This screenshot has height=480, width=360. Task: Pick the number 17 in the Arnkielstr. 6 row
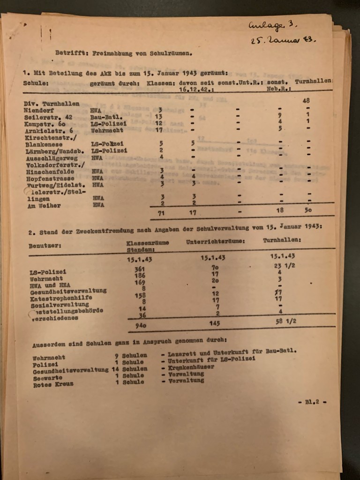click(x=160, y=130)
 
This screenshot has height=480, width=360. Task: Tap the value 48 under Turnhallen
click(x=307, y=100)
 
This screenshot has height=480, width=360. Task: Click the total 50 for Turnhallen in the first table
click(x=308, y=210)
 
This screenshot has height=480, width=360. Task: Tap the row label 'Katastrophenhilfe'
click(x=61, y=298)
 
